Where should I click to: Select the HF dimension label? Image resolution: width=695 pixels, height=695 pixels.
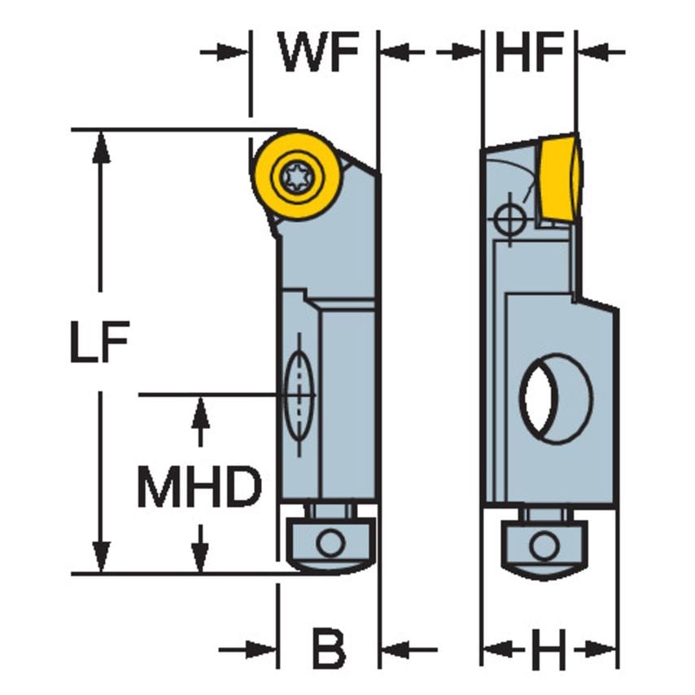click(x=529, y=53)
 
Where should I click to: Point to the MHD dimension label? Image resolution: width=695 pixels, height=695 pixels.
click(x=199, y=487)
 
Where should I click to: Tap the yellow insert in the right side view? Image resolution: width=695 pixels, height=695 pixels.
click(x=559, y=178)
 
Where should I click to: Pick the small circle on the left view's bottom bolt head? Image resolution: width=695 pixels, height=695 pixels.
click(x=330, y=542)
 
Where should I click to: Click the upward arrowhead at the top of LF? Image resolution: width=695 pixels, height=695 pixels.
click(x=101, y=144)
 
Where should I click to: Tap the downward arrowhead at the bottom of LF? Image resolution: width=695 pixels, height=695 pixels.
click(x=101, y=559)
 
